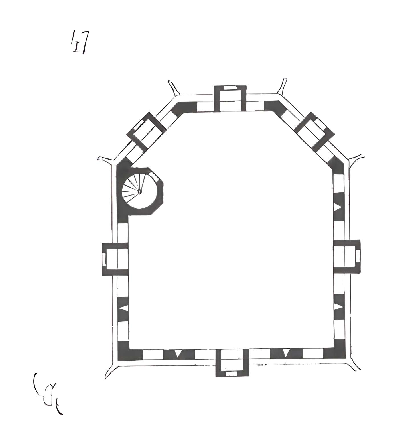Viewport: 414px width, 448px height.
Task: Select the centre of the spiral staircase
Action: tap(139, 191)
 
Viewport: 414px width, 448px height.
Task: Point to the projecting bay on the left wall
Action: tap(115, 258)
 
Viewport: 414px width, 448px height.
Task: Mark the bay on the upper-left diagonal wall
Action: tap(146, 131)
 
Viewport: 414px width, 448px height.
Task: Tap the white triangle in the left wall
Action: tap(123, 308)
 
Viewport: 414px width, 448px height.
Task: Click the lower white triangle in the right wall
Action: tap(338, 307)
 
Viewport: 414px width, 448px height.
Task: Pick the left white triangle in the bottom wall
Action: tap(178, 353)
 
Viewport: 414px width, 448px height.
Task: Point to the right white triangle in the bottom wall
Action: tap(286, 353)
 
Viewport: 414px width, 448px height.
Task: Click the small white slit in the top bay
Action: tap(230, 88)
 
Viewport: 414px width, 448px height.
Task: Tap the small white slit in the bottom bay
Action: tap(231, 373)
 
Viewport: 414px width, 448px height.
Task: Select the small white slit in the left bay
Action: tap(104, 259)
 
